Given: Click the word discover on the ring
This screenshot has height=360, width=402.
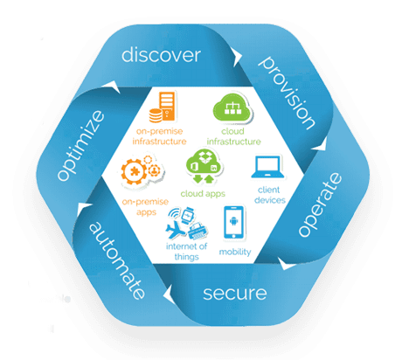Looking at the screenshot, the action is coord(161,54).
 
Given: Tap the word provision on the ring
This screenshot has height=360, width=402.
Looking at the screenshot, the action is coord(287,93).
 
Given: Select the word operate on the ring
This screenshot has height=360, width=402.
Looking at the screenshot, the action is coord(320,204).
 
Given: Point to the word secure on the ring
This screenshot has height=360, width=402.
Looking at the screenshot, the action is coord(235,294).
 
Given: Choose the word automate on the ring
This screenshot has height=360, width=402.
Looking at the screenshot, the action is coord(117,260).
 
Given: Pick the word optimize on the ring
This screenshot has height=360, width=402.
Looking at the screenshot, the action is coord(80,145).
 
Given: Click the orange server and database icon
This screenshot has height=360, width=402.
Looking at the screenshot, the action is coord(163,107).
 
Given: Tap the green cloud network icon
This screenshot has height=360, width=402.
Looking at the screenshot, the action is coord(232,107).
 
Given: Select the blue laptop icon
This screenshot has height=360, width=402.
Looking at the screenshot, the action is coord(267,167).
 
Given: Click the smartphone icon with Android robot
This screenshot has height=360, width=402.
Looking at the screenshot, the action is coord(233,222).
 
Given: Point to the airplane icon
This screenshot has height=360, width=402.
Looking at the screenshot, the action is coord(175,230).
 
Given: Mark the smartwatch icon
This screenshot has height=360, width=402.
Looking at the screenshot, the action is coord(187,216).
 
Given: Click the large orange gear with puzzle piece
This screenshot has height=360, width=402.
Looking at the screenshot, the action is coord(135,171).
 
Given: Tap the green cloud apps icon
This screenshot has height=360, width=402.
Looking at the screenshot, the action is coord(204,166).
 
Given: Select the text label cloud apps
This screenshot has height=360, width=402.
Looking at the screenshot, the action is coord(203,194).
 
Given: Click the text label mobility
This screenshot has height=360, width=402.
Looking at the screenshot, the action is coord(235,252).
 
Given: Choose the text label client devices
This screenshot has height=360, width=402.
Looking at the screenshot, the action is coord(269,195).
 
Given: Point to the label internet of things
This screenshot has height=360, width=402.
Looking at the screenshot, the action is coord(186,252).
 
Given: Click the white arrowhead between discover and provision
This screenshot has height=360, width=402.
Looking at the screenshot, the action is coord(237,57).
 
